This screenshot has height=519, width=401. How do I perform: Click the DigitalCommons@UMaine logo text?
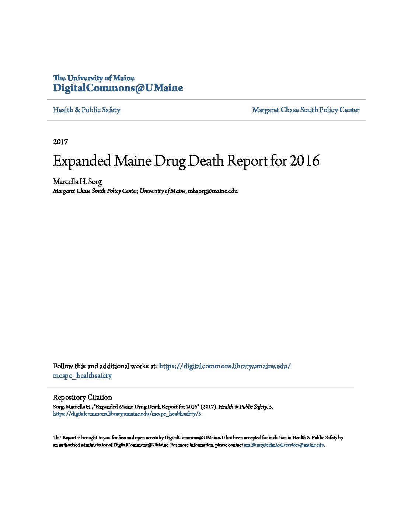pos(118,88)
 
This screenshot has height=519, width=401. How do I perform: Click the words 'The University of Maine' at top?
pos(94,78)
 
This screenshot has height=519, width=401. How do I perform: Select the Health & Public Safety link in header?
pos(87,110)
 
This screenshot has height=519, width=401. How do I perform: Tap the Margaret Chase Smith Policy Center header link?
pos(306,110)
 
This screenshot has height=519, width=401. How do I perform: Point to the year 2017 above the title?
pos(60,142)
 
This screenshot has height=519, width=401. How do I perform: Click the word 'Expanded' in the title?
pos(82,161)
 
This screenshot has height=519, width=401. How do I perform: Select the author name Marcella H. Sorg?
pos(77,181)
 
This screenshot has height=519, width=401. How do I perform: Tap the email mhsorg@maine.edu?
pos(213,191)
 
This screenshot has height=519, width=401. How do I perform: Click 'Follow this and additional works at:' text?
pos(105,366)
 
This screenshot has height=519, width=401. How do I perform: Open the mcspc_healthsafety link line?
pos(82,376)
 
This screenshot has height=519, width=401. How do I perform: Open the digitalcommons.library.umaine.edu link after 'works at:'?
pos(225,366)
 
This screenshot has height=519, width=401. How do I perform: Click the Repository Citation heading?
pos(82,397)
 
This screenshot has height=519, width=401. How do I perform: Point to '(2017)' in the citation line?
pos(209,407)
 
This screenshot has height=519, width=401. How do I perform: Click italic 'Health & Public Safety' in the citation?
pos(243,407)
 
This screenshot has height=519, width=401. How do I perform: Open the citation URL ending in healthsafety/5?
pos(127,414)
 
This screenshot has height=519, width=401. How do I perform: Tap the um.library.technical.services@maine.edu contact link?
pos(283,445)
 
